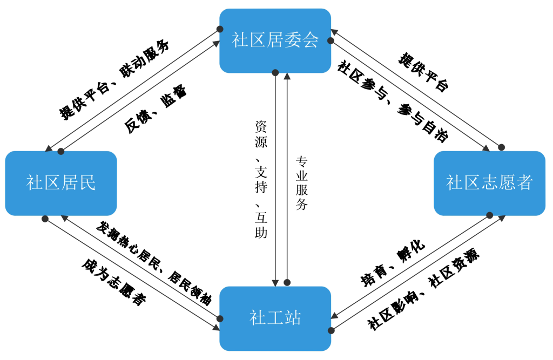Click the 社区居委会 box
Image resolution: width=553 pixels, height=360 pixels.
click(x=275, y=40)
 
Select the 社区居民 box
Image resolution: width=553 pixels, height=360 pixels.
click(x=61, y=183)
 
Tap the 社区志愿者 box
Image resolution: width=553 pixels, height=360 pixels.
click(x=489, y=183)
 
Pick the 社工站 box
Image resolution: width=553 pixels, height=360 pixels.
click(x=275, y=318)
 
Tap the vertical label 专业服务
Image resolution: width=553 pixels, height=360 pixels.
click(x=301, y=183)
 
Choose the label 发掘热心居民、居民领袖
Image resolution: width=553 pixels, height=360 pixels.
click(x=153, y=263)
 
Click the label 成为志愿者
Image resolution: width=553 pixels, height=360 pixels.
click(x=114, y=282)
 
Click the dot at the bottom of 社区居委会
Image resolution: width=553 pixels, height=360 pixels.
click(x=275, y=72)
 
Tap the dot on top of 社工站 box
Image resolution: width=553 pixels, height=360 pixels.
click(x=288, y=282)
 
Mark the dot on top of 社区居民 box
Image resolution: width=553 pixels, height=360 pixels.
click(x=61, y=151)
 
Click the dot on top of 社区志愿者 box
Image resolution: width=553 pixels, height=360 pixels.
click(x=501, y=147)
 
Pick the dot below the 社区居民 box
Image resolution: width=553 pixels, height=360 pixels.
click(x=45, y=219)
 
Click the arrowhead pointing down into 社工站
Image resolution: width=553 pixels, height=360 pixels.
click(x=275, y=282)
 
